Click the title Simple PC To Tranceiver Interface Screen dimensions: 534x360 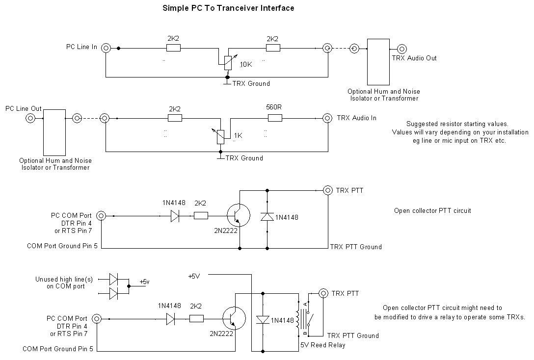228,8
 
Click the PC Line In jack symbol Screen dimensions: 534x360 106,48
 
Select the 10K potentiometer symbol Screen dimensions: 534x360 228,63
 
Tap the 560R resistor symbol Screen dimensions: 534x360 275,118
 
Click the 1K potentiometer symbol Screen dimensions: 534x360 221,136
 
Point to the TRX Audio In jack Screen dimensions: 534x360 327,118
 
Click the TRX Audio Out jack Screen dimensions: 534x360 402,49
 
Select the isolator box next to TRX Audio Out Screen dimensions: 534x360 378,62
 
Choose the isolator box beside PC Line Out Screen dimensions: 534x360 54,132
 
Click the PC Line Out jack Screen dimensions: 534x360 30,118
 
